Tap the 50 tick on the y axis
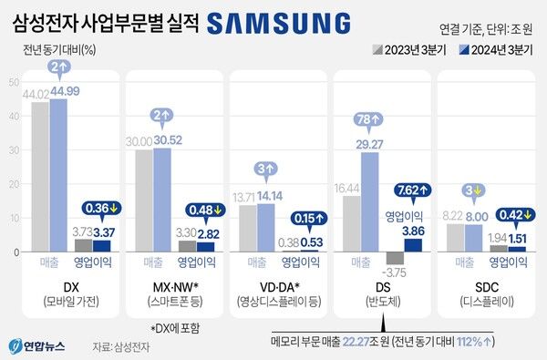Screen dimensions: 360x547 point(13,83)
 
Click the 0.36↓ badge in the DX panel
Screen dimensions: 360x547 point(105,207)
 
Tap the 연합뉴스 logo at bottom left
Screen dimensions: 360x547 point(36,345)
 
